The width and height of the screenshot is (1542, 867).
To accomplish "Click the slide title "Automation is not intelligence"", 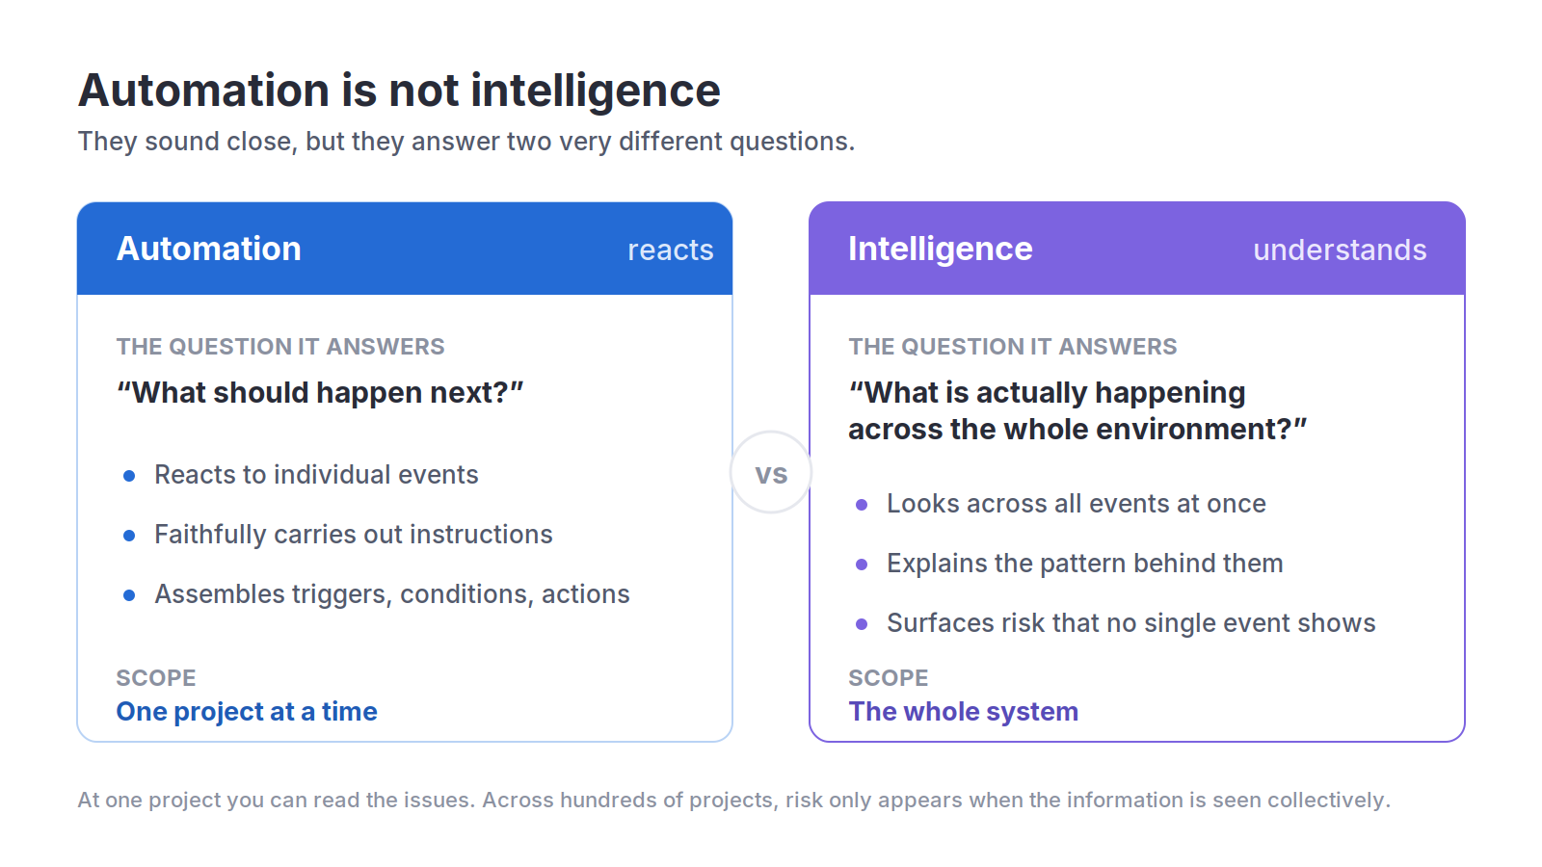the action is click(399, 92).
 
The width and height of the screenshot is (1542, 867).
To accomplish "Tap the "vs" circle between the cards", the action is click(771, 473).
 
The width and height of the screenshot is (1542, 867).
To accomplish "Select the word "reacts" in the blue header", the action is click(671, 250).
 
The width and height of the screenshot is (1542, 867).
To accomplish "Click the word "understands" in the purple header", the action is click(1340, 250).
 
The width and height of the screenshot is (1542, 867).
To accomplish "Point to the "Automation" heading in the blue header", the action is click(208, 249).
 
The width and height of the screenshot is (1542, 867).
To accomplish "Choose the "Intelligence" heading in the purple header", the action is click(941, 250).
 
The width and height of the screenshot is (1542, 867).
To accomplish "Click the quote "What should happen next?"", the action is click(320, 393).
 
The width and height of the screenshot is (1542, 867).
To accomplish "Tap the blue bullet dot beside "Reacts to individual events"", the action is click(129, 476).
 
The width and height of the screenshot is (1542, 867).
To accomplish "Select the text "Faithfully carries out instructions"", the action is click(353, 535).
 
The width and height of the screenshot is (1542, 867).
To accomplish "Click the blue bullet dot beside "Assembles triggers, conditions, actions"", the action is click(129, 595).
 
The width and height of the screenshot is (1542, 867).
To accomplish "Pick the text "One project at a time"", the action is click(247, 712).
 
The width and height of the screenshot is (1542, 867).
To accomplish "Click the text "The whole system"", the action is click(963, 712).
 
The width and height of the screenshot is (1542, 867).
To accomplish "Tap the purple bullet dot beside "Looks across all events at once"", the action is click(862, 505).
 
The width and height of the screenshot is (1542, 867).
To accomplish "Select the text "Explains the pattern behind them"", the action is click(1085, 564).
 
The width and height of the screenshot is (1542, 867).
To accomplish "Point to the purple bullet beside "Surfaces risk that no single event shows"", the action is click(862, 624).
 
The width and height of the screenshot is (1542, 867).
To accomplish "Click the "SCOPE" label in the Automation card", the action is click(156, 678).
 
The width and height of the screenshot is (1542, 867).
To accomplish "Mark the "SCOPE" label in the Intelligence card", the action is click(888, 678).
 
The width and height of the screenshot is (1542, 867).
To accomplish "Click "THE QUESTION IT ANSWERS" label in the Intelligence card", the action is click(1013, 346).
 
